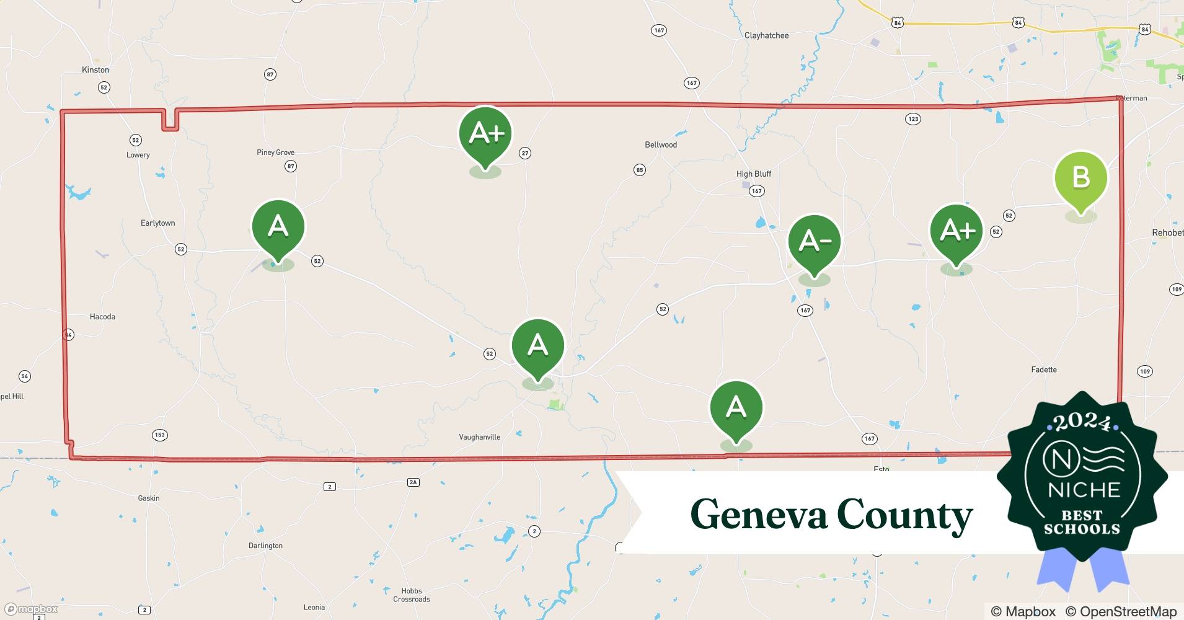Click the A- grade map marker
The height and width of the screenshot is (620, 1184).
814,241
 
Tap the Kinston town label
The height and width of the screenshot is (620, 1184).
95,70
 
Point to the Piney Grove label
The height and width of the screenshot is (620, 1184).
275,153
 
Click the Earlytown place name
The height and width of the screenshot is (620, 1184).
157,223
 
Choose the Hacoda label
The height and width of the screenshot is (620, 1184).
102,317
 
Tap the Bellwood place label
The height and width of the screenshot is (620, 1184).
661,145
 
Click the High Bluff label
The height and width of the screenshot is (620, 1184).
753,174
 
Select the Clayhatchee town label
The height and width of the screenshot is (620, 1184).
766,36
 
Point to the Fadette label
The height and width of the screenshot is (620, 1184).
1043,370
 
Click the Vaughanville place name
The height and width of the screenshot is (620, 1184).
479,437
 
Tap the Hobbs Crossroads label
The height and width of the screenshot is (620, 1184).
411,595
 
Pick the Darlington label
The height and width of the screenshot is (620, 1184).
265,546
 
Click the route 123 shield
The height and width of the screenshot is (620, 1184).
912,119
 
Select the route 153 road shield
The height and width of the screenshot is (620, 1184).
159,435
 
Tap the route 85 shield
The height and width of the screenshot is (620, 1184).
640,170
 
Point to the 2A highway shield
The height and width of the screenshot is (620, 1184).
413,482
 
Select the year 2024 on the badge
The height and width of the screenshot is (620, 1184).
1082,422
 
